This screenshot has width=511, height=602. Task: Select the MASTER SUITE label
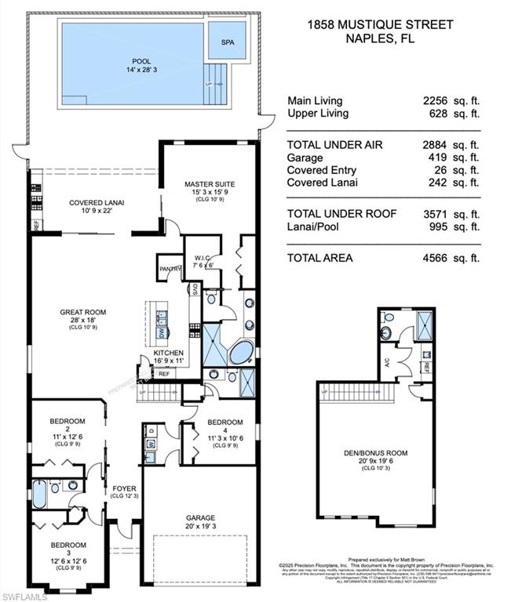click(x=209, y=184)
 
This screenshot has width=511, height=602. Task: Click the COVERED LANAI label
click(x=97, y=201)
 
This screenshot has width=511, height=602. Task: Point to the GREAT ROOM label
click(x=82, y=312)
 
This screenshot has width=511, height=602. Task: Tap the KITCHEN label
click(x=168, y=354)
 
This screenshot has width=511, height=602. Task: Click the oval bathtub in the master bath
click(x=242, y=353)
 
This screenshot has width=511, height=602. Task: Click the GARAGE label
click(x=201, y=517)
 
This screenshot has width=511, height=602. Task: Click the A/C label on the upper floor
click(x=386, y=361)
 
